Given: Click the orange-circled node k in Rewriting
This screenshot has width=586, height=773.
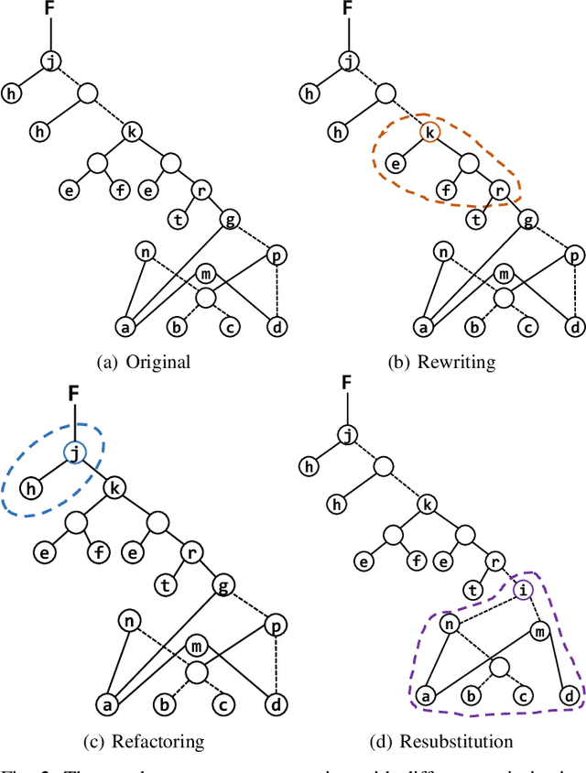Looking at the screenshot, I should coord(428,133).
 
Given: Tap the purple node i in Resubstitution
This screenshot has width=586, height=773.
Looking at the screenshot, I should coord(522,590).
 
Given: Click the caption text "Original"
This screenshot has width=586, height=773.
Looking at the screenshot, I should coord(158,361).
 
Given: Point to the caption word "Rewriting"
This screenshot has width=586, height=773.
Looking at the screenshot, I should coord(456,361).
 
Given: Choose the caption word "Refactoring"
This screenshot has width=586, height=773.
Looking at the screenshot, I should coord(165,740).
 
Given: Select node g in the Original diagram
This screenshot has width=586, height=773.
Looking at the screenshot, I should coord(232,219).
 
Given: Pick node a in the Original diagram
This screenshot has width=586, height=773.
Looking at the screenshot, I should coord(126,325).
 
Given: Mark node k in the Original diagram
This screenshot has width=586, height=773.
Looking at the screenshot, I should coord(132,133).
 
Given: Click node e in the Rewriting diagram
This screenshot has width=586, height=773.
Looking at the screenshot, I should coord(396,165).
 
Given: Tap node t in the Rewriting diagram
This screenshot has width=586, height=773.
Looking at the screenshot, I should coord(476,219).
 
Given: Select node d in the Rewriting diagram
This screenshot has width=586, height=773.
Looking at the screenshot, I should coord(573,325).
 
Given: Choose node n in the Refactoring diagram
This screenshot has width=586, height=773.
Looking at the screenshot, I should coord(129,621).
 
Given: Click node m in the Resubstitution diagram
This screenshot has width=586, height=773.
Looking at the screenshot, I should coord(539,632).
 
